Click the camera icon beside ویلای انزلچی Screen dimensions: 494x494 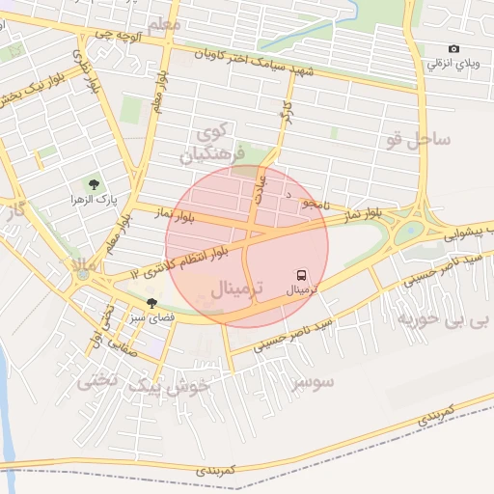pos(454,49)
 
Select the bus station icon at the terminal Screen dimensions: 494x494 pos(301,274)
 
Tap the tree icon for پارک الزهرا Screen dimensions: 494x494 pos(94,183)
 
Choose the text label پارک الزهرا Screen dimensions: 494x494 pos(93,199)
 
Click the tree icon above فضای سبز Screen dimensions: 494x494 pos(152,303)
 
